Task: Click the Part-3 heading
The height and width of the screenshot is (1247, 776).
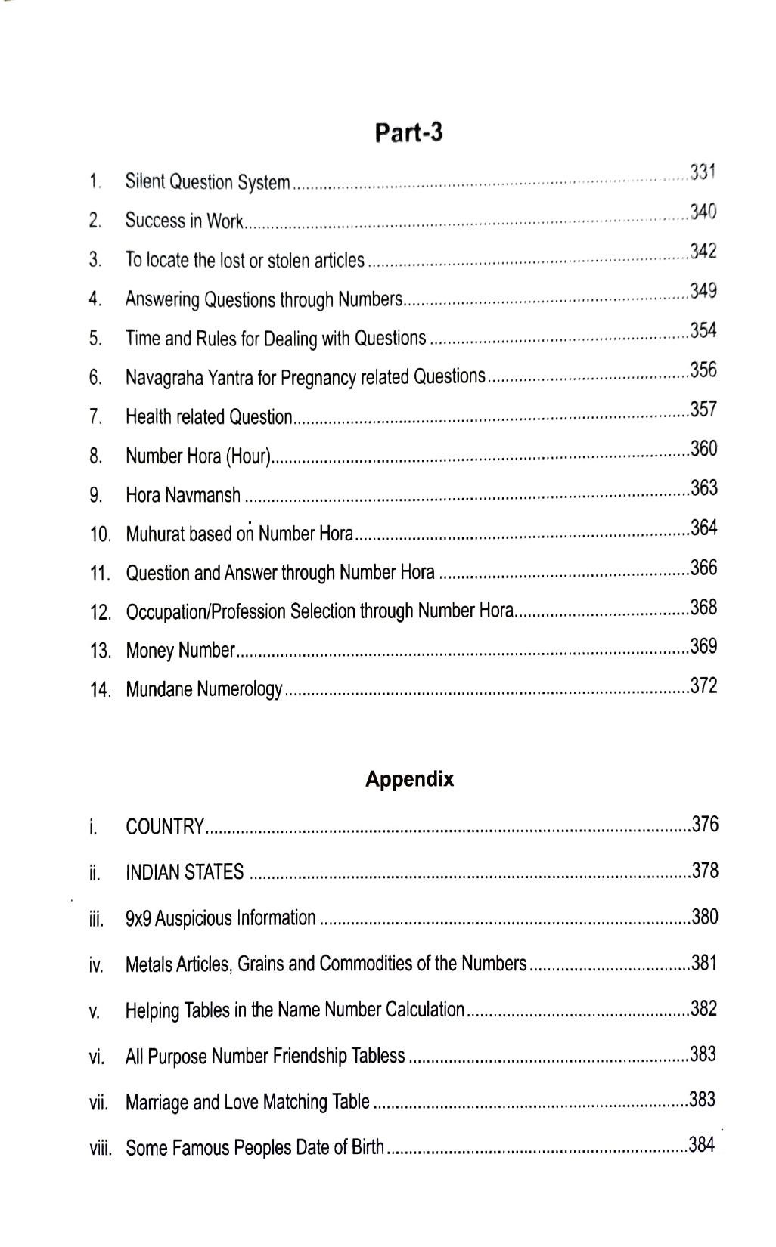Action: [x=408, y=132]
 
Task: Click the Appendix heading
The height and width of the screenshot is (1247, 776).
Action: [x=409, y=779]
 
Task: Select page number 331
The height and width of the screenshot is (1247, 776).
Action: [x=703, y=172]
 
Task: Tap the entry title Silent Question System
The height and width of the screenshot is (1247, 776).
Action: [x=207, y=182]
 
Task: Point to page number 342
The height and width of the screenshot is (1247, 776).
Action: [x=703, y=251]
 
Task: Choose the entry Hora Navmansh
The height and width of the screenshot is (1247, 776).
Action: [x=183, y=495]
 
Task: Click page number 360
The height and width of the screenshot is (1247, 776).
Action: [x=704, y=448]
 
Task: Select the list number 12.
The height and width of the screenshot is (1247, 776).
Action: [x=100, y=612]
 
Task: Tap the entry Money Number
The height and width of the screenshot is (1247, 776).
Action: [x=180, y=650]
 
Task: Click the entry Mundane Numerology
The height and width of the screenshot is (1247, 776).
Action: [x=204, y=689]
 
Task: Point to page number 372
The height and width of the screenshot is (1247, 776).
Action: [x=704, y=685]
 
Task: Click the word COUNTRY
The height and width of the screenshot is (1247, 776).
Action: [x=165, y=826]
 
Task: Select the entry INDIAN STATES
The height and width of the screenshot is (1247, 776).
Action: [x=185, y=872]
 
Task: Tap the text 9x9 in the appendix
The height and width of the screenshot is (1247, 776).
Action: [x=139, y=918]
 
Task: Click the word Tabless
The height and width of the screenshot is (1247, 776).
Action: [x=378, y=1056]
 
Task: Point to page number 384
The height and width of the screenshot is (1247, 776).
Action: [x=702, y=1145]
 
